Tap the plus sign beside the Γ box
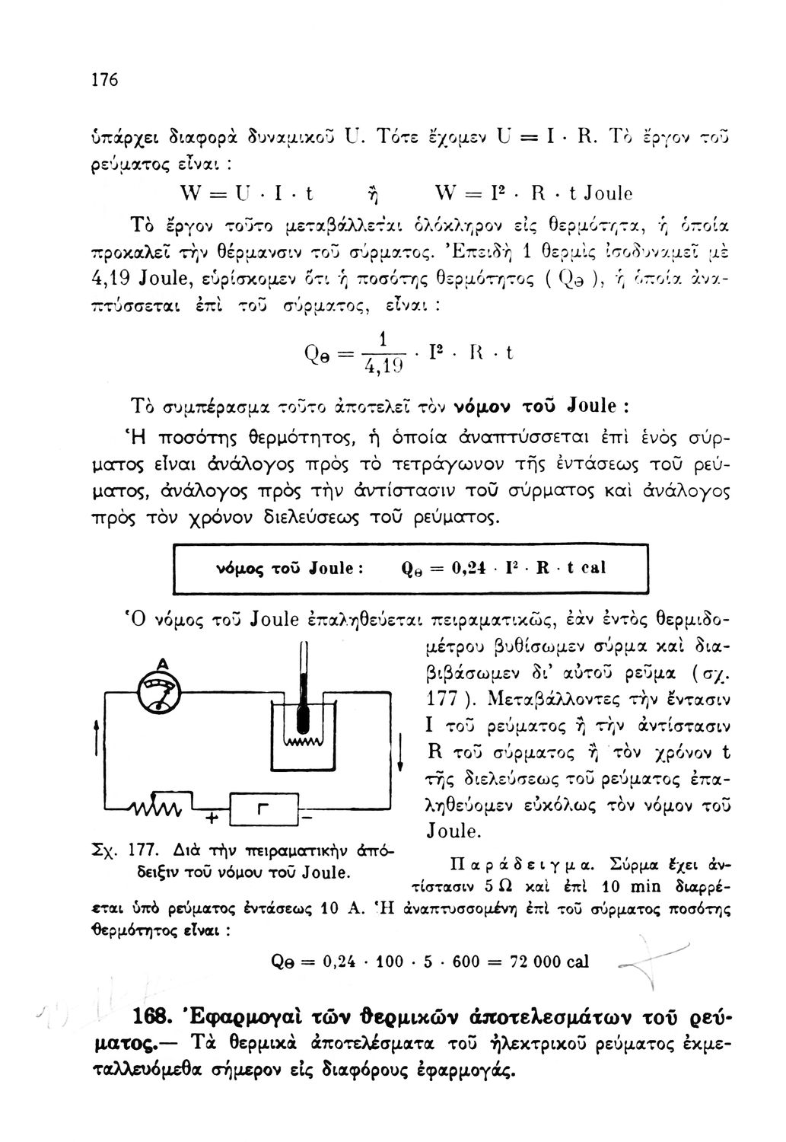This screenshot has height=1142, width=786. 211,837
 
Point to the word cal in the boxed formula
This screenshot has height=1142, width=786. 593,569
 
